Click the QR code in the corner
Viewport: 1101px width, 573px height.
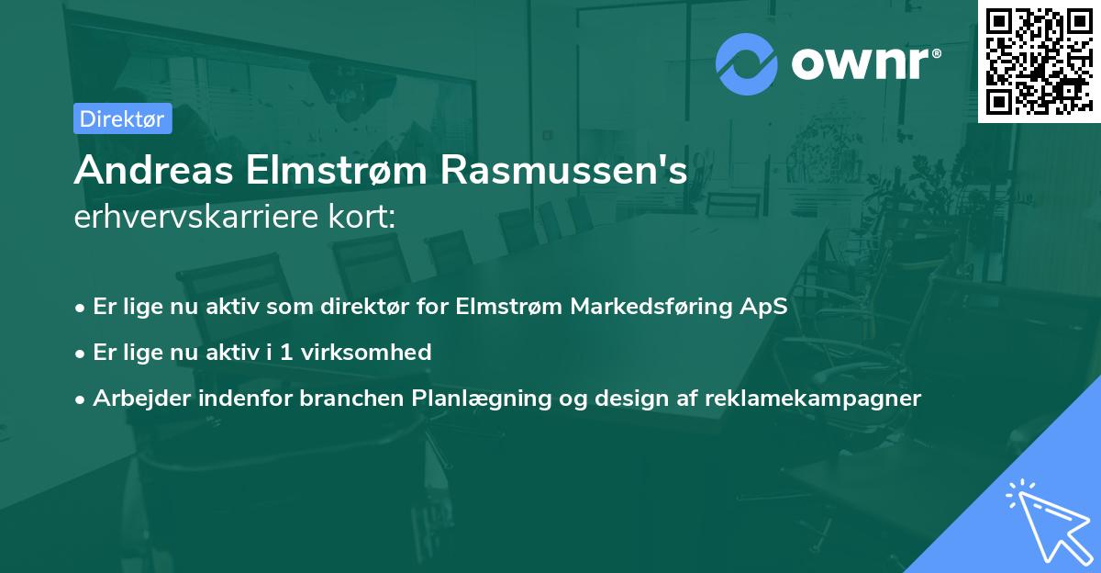(x=1039, y=61)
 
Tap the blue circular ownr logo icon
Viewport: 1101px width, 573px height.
(x=747, y=64)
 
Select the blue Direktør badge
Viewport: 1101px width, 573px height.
(x=122, y=118)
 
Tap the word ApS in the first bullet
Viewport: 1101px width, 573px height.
(x=763, y=306)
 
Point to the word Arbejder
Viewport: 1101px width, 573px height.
(x=133, y=399)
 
